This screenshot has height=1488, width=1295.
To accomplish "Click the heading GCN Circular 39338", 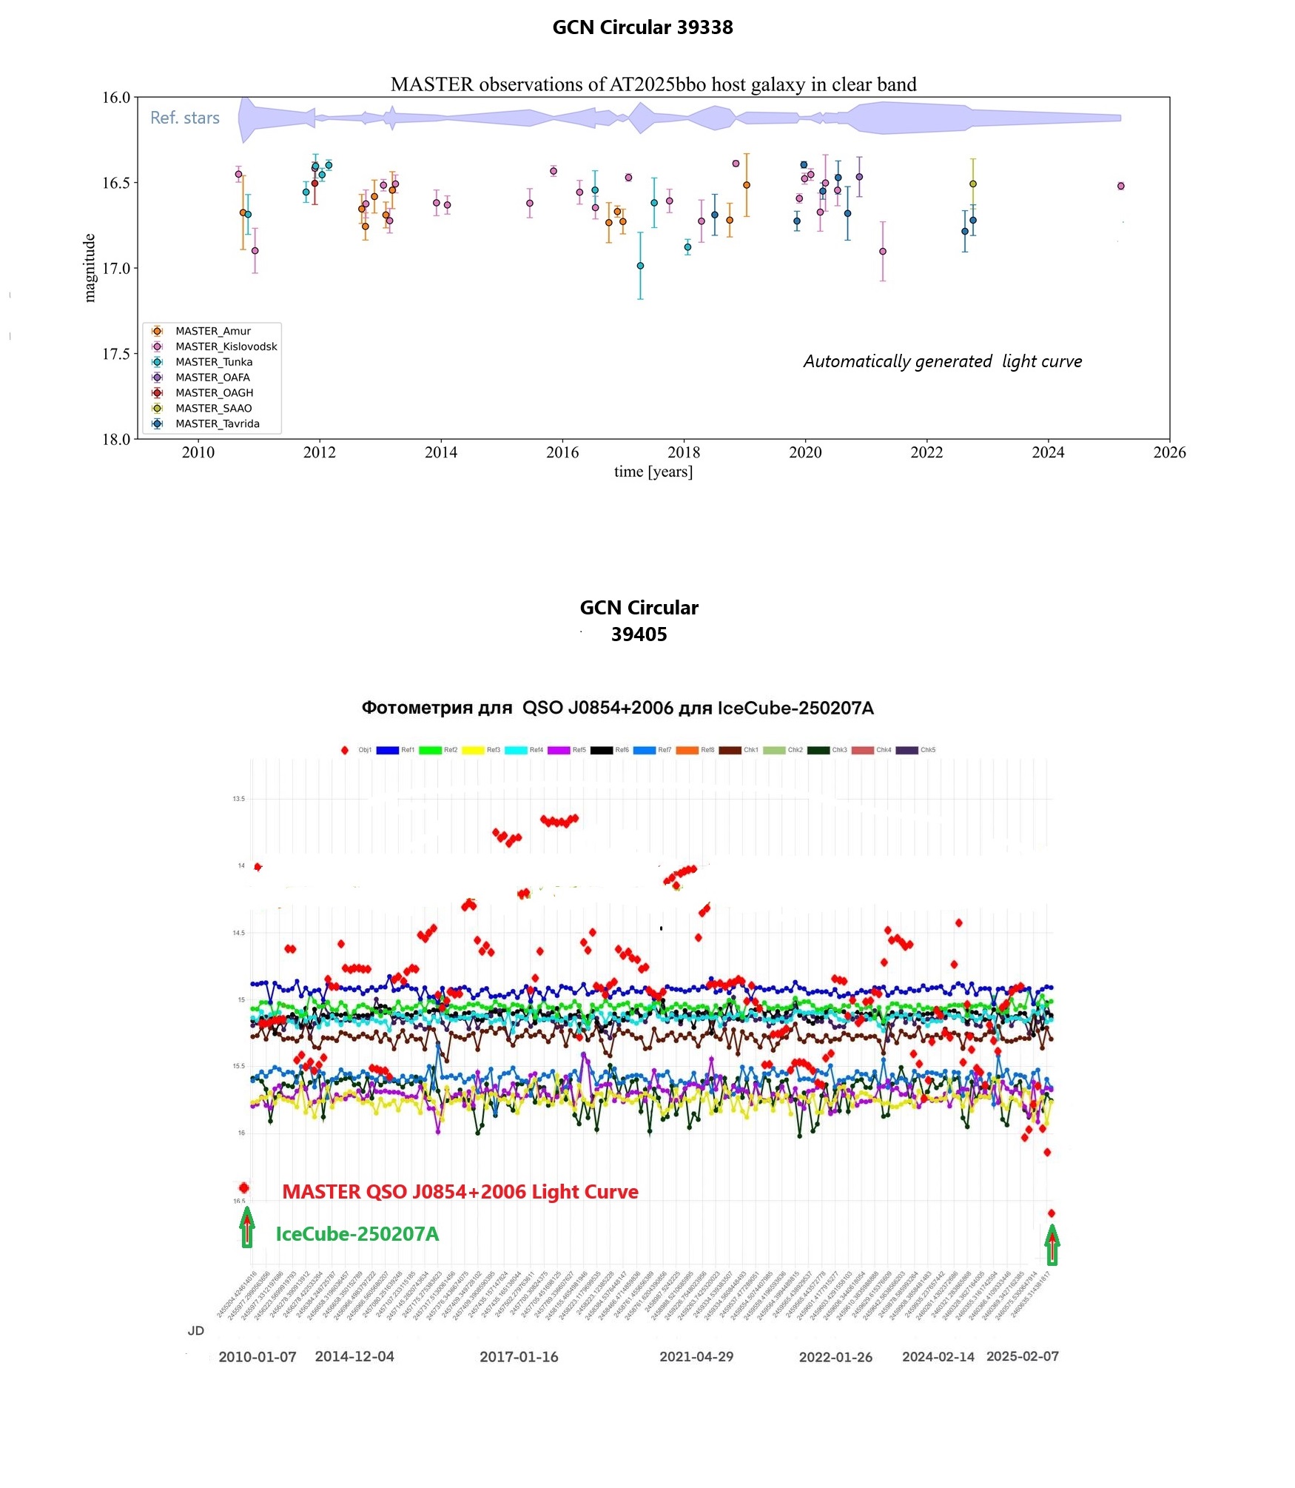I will click(x=642, y=27).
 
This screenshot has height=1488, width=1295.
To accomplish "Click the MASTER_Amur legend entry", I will click(x=212, y=331).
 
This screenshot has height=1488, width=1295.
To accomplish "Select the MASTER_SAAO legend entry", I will click(x=213, y=408).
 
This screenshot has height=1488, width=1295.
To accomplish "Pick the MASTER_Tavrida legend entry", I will click(x=217, y=423).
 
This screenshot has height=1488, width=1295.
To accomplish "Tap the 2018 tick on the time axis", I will click(x=683, y=452).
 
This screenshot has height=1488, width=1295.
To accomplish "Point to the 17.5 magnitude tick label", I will click(x=115, y=354).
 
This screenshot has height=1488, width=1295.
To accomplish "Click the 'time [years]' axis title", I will click(x=653, y=472).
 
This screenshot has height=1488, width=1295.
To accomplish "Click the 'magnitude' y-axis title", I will click(x=90, y=268).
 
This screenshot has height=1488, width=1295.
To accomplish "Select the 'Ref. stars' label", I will click(x=185, y=118).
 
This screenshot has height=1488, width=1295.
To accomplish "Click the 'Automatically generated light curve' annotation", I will click(x=942, y=361).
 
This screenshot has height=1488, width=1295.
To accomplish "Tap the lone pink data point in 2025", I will click(x=1120, y=186).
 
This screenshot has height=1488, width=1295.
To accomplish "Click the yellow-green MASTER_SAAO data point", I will click(x=973, y=184).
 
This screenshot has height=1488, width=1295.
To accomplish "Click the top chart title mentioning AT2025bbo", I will click(x=653, y=84).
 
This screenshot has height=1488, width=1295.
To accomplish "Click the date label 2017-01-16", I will click(x=518, y=1357).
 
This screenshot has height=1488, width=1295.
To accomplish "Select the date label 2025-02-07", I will click(x=1022, y=1356).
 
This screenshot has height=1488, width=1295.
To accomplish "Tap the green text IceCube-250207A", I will click(x=357, y=1234).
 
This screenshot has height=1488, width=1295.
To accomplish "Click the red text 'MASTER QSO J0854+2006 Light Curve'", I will click(x=460, y=1192).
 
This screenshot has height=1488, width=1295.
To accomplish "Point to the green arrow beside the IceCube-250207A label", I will click(x=247, y=1228).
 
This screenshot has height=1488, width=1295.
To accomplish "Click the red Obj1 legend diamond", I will click(x=345, y=750).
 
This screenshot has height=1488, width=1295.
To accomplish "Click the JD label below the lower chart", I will click(x=195, y=1330).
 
